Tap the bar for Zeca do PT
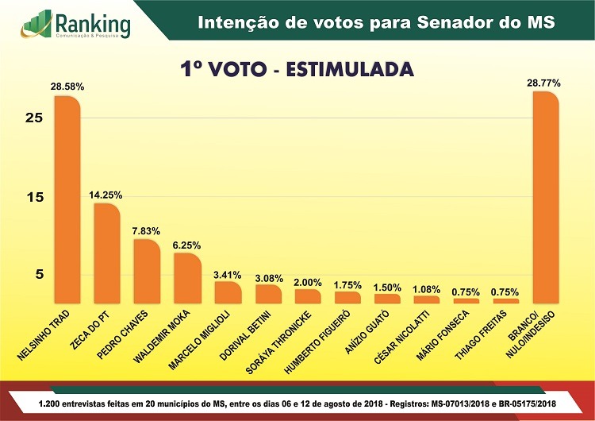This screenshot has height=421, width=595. pyautogui.click(x=106, y=253)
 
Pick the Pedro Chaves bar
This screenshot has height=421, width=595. pyautogui.click(x=146, y=271)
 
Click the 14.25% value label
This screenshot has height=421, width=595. pyautogui.click(x=106, y=195)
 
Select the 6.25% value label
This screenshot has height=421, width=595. pyautogui.click(x=186, y=245)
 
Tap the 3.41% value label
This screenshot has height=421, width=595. pyautogui.click(x=227, y=274)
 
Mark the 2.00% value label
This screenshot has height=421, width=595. pyautogui.click(x=308, y=282)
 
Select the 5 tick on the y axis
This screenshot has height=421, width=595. pyautogui.click(x=36, y=274)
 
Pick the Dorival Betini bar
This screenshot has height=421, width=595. pyautogui.click(x=267, y=294)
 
